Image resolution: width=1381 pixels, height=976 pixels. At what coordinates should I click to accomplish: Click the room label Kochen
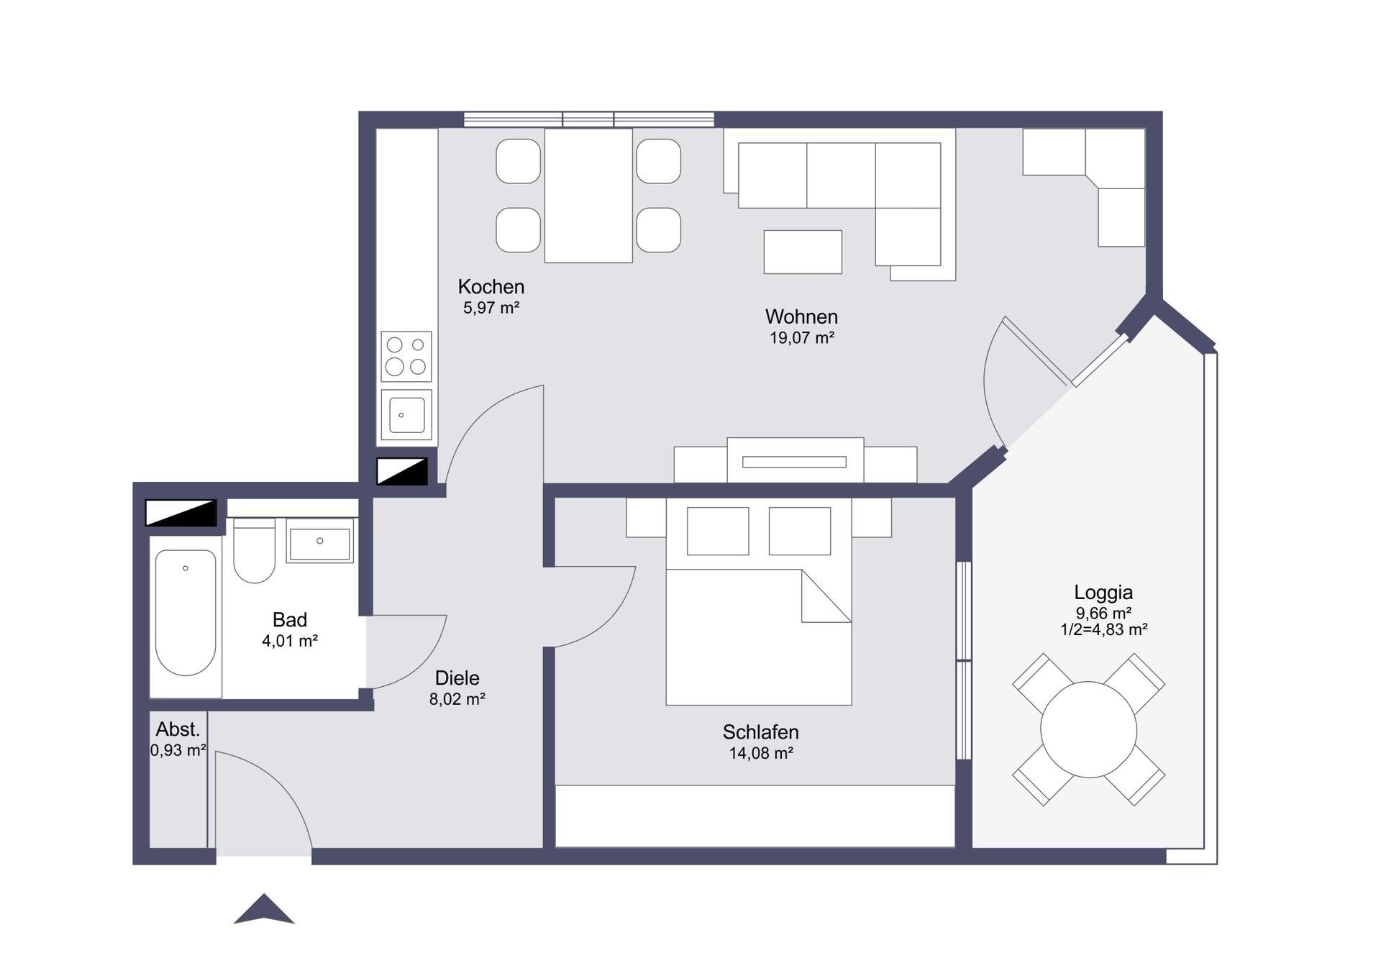(x=491, y=287)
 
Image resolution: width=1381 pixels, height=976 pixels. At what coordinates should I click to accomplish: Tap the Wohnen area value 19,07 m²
(x=802, y=338)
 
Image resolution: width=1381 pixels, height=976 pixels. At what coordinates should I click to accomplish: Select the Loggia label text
(x=1103, y=593)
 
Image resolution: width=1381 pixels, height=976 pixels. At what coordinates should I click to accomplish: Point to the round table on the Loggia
(x=1088, y=729)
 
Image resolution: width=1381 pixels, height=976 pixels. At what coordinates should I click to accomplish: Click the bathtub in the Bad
(x=186, y=613)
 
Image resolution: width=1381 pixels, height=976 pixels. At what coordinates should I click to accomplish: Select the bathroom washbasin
(x=320, y=541)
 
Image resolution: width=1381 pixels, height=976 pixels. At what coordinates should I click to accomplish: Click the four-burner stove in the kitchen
(x=406, y=356)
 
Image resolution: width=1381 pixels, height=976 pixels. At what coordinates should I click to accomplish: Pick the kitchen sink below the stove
(x=406, y=415)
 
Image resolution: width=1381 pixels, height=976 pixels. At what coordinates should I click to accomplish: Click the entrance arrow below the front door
(x=264, y=910)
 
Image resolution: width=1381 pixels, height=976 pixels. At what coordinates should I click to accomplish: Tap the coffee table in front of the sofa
(x=803, y=252)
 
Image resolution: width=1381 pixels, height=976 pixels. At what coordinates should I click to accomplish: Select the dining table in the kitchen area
(x=588, y=196)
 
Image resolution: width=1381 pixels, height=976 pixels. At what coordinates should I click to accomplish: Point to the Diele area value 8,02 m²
(x=457, y=699)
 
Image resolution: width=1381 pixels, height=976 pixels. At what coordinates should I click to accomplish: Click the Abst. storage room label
(x=178, y=729)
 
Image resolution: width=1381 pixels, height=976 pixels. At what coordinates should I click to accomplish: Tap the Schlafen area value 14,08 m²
(x=761, y=753)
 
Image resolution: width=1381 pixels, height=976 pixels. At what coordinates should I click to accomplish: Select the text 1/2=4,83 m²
(x=1103, y=630)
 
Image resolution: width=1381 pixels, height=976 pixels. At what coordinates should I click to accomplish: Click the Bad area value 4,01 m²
(x=290, y=641)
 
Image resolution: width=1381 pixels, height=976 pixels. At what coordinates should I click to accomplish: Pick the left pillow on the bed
(x=718, y=531)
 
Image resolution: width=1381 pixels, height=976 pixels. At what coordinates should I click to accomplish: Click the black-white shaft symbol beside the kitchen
(x=402, y=472)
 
